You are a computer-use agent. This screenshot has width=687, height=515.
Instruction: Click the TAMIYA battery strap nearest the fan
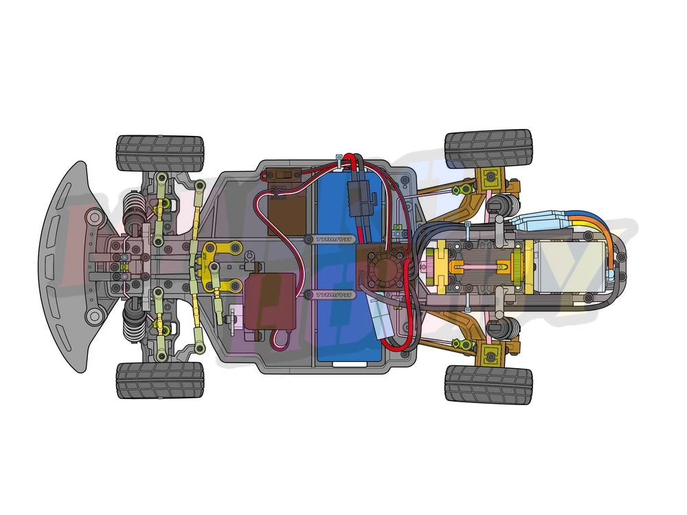point(332,239)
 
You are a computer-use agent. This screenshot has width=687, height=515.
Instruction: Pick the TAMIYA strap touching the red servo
point(330,295)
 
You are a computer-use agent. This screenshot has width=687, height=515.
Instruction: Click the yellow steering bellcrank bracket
point(218,265)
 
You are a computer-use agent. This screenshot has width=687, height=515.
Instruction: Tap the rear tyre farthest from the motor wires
point(488,383)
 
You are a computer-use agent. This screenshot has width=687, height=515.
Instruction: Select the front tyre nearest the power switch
point(160,153)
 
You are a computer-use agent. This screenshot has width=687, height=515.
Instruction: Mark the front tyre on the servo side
point(160,380)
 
